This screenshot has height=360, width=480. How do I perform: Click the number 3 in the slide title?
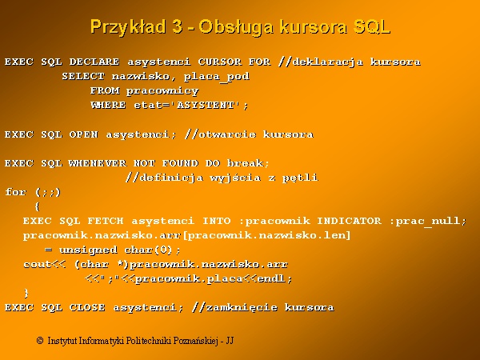click(x=178, y=26)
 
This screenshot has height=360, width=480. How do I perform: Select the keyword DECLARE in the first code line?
click(x=94, y=62)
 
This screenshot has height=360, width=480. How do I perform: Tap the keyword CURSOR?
click(x=220, y=62)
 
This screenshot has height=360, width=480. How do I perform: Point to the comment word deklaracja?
click(x=328, y=62)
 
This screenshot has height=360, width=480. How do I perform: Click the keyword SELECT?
click(x=83, y=76)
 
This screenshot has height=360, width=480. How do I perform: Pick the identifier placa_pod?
click(x=217, y=77)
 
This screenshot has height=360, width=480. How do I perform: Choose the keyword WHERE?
click(x=108, y=105)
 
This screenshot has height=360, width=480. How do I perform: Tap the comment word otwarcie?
click(x=227, y=134)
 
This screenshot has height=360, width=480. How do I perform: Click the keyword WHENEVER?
click(x=98, y=163)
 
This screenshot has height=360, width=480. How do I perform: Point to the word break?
click(x=246, y=163)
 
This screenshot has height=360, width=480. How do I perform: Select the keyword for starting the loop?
click(x=16, y=192)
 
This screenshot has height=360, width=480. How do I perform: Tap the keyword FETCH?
click(x=106, y=221)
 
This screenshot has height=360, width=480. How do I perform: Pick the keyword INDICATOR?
click(x=350, y=221)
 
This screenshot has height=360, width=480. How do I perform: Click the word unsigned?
click(x=88, y=250)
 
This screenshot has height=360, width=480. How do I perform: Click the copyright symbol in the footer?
click(x=40, y=341)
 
